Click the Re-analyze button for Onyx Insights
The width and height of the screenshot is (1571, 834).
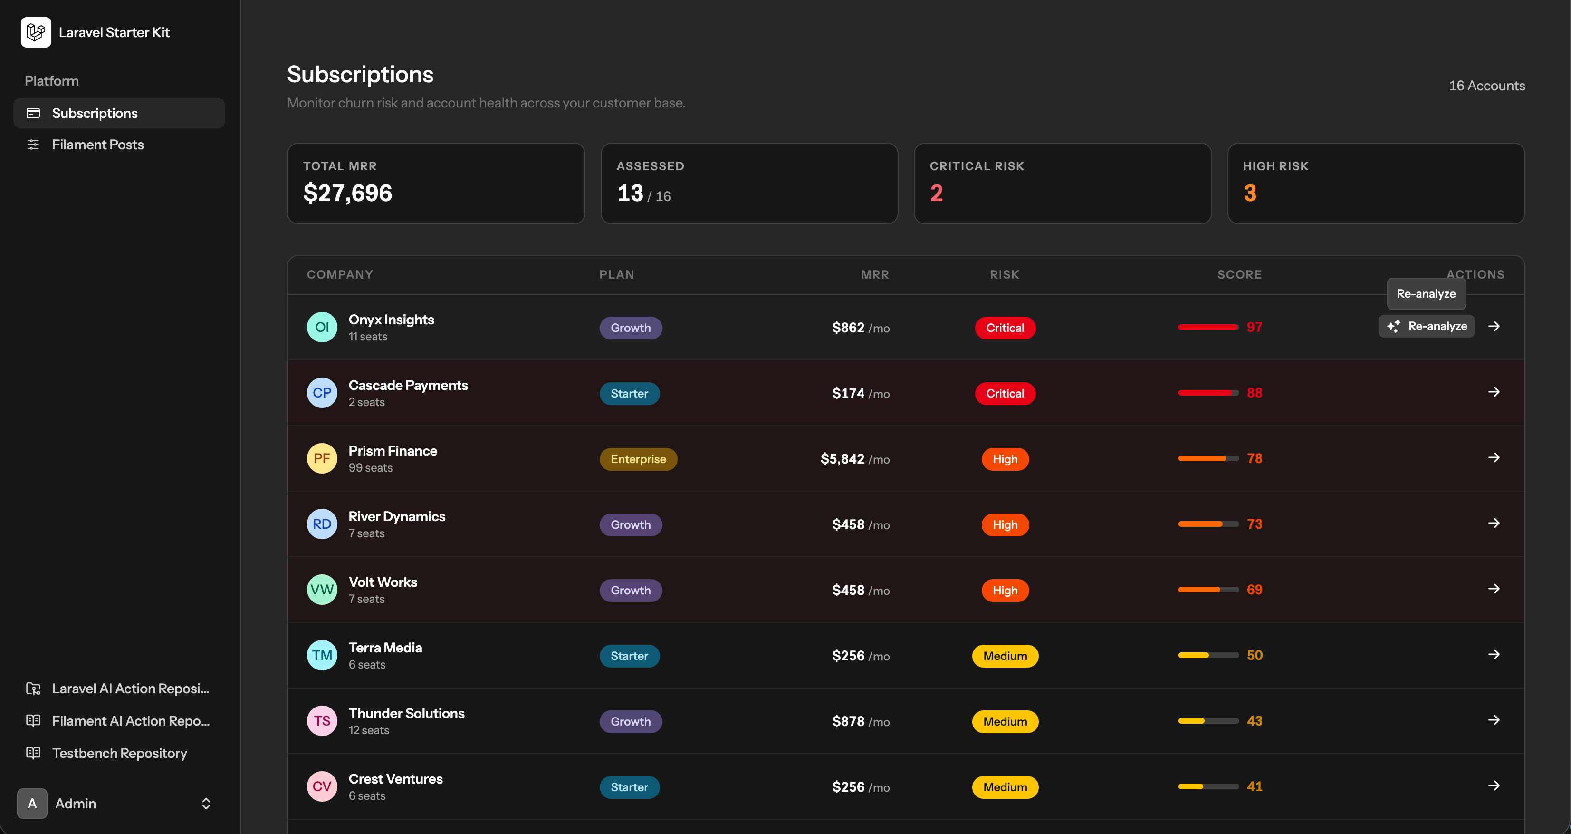(1427, 326)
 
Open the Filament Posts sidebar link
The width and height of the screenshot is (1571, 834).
(97, 145)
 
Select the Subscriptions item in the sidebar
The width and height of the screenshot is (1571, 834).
(95, 114)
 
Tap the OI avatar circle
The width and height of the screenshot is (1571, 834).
(322, 327)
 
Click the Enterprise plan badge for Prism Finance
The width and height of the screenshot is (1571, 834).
(638, 459)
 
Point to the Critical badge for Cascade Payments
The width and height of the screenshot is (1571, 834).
(1005, 394)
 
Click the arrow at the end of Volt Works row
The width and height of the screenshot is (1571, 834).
(1494, 589)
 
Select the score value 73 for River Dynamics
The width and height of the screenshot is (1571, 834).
(1255, 524)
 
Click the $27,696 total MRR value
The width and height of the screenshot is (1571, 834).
(348, 194)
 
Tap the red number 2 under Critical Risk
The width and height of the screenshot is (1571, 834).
(937, 194)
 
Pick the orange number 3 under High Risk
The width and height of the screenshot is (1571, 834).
(1250, 194)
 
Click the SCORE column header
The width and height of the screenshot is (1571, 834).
(1239, 274)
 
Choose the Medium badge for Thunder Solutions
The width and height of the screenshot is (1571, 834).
(1005, 722)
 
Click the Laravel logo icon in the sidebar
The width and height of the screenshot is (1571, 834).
(36, 32)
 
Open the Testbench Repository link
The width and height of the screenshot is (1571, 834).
(120, 754)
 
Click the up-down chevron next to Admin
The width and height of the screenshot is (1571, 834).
(206, 804)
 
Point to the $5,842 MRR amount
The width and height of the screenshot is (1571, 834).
(842, 459)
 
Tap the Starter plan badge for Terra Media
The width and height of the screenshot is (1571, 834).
(629, 656)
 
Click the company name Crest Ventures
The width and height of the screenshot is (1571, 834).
(396, 779)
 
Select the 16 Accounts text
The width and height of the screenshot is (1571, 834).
(1487, 86)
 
